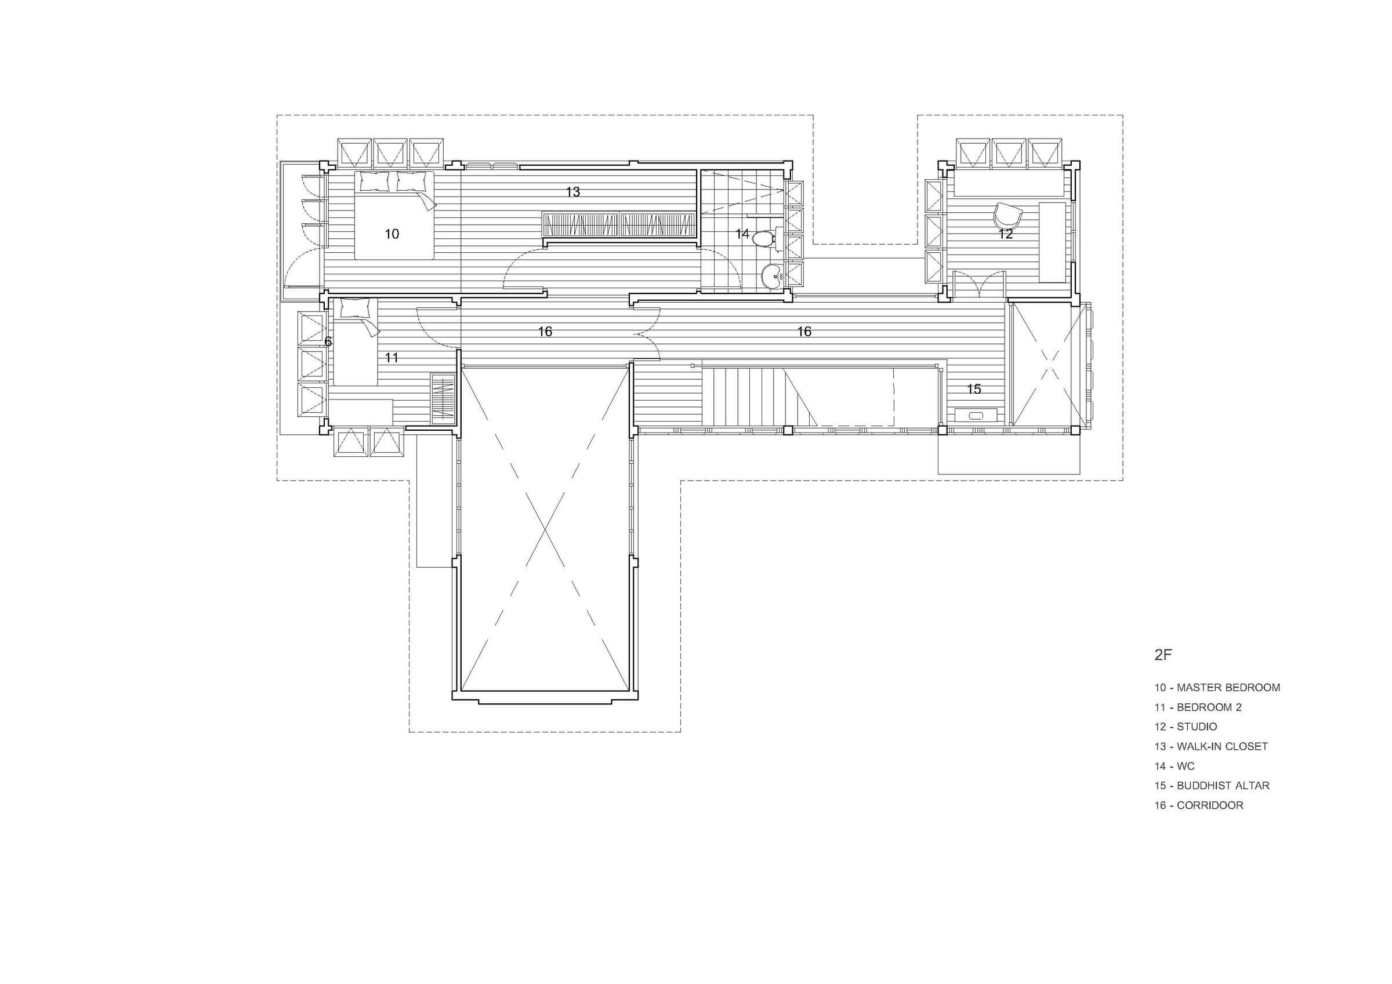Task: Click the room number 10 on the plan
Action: coord(391,234)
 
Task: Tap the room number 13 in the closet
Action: coord(573,192)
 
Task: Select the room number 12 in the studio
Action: coord(1006,234)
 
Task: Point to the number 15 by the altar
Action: coord(974,389)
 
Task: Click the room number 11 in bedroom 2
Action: coord(391,358)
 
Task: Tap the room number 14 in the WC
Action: coord(742,234)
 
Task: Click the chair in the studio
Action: coord(1008,214)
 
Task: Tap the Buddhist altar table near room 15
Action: coord(976,416)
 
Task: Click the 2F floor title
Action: coord(1162,655)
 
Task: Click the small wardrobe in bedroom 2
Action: coord(443,400)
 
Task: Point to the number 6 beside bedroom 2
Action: coord(328,342)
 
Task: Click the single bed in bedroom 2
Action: coord(356,342)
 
